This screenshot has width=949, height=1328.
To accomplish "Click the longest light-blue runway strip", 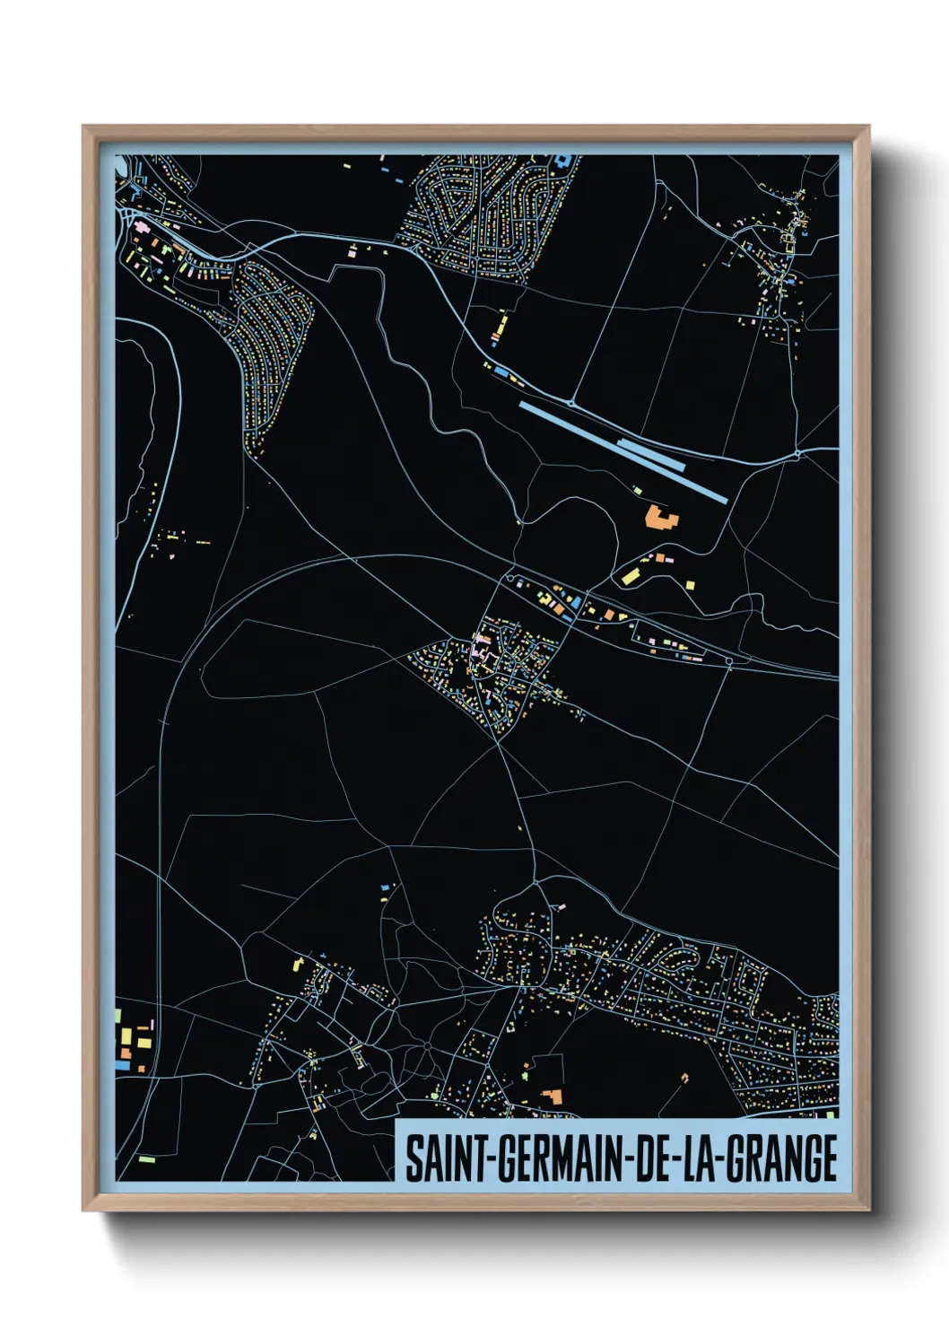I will [x=623, y=452].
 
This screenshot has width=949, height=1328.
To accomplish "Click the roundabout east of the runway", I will [x=797, y=456].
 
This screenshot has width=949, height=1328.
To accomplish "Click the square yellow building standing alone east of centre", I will [x=690, y=585].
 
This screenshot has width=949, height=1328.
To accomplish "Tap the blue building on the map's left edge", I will [x=120, y=1065].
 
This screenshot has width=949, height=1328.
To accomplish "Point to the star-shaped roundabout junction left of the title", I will [x=427, y=1046].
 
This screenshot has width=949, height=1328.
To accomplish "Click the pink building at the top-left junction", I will [x=140, y=228].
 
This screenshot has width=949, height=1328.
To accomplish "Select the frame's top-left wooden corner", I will [x=88, y=131].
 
